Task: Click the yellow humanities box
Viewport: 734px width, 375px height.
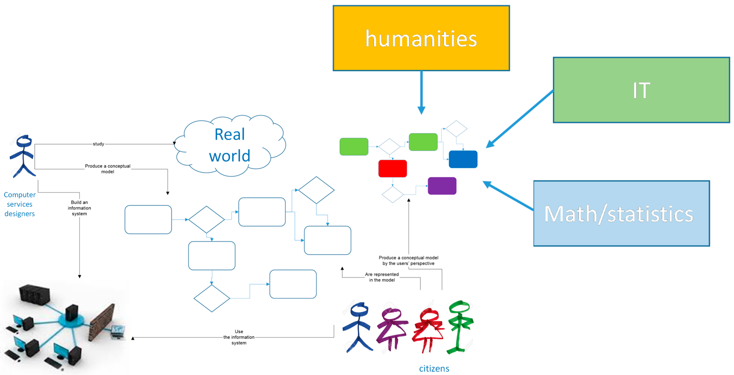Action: tap(421, 38)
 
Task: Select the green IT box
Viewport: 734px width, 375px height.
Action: tap(641, 90)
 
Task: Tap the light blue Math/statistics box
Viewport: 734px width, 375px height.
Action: tap(621, 213)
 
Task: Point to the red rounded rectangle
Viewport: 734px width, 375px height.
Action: tap(392, 168)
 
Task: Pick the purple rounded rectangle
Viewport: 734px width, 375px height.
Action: tap(442, 186)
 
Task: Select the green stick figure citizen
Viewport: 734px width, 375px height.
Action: tap(460, 327)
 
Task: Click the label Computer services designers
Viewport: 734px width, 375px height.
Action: tap(20, 204)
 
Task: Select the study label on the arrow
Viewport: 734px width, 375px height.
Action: tap(98, 144)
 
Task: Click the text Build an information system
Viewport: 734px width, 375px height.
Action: tap(79, 208)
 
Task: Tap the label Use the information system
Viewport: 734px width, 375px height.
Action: tap(239, 337)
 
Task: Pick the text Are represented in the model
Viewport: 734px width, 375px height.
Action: tap(382, 277)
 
